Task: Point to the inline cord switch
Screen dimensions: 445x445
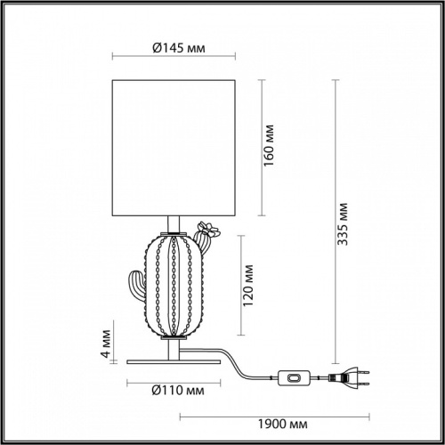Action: tap(294, 378)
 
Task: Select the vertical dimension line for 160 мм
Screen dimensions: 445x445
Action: tap(260, 148)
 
